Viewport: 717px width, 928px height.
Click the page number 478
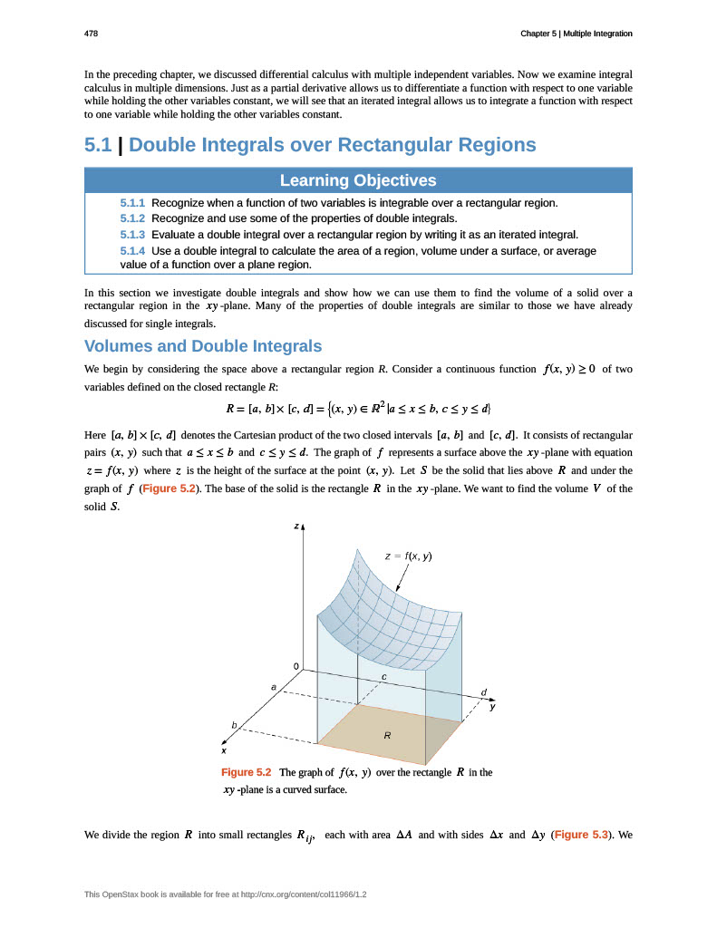pyautogui.click(x=91, y=34)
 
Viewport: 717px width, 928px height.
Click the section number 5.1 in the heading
pyautogui.click(x=98, y=145)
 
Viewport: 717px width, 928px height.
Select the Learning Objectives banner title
pyautogui.click(x=358, y=180)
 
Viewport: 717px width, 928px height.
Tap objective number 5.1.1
pyautogui.click(x=132, y=202)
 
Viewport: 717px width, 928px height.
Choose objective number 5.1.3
pyautogui.click(x=132, y=235)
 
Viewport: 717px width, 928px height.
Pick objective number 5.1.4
pyautogui.click(x=132, y=250)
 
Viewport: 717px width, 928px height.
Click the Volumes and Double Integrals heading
pyautogui.click(x=203, y=346)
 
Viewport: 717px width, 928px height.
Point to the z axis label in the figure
pyautogui.click(x=296, y=526)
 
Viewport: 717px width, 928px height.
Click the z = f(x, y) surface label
pyautogui.click(x=408, y=556)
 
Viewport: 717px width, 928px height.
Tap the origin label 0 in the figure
pyautogui.click(x=296, y=666)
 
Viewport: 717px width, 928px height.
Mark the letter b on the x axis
pyautogui.click(x=234, y=725)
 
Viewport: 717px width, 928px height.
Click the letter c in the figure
pyautogui.click(x=383, y=677)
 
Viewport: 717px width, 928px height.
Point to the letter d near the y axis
pyautogui.click(x=484, y=691)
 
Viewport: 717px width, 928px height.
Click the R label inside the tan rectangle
pyautogui.click(x=387, y=736)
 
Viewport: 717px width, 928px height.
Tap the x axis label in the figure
pyautogui.click(x=224, y=750)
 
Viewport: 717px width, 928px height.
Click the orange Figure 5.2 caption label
pyautogui.click(x=247, y=772)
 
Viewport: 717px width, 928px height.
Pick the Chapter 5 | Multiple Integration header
pyautogui.click(x=576, y=34)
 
